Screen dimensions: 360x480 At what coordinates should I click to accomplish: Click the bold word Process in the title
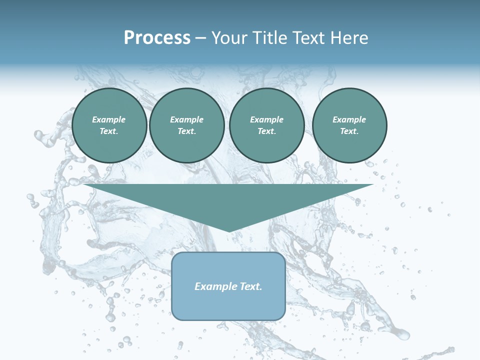click(157, 37)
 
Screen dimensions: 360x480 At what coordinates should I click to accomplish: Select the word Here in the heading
click(349, 37)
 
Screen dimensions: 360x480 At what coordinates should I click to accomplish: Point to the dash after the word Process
click(201, 38)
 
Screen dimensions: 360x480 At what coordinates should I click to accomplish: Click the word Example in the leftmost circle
click(109, 119)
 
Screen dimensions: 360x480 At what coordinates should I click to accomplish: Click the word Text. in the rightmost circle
click(349, 131)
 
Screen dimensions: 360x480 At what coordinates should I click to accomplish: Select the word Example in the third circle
click(266, 119)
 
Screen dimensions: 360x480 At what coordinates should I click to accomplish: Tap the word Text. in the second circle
click(186, 131)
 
